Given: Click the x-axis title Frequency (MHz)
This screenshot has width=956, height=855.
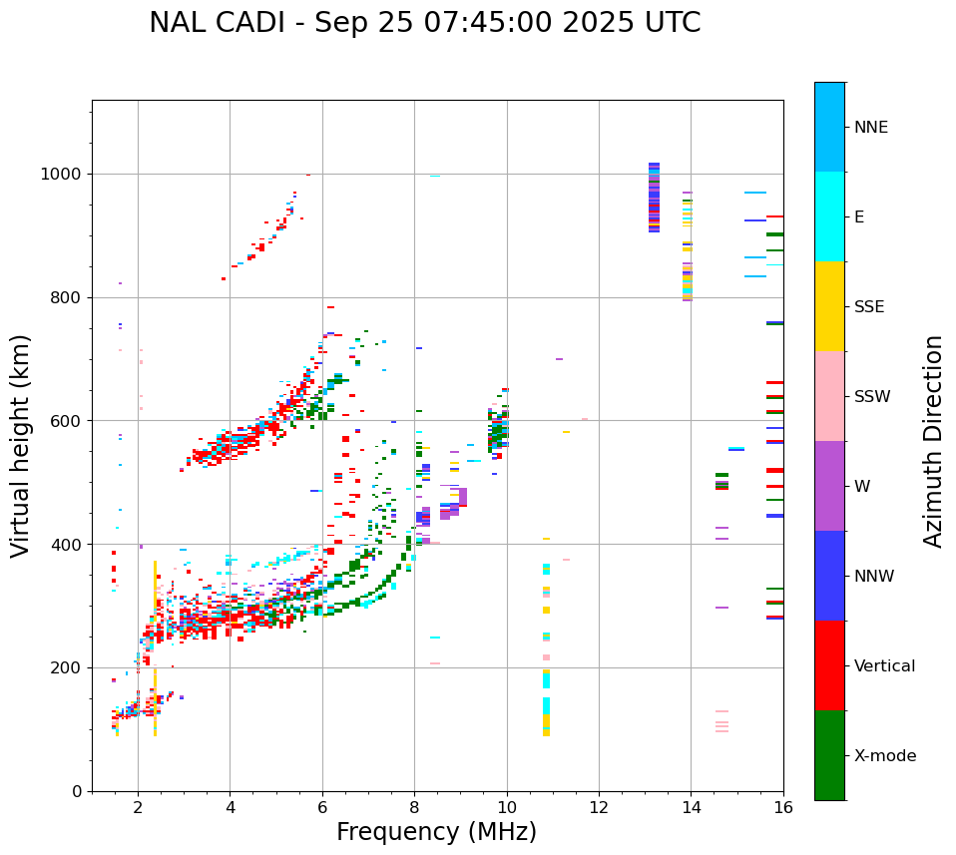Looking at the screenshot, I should (x=436, y=832).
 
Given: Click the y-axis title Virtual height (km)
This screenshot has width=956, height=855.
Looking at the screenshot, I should (x=21, y=446).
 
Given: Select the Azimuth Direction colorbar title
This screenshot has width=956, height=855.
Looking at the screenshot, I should (x=933, y=441).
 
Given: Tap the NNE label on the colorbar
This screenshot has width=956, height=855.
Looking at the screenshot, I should (x=870, y=128).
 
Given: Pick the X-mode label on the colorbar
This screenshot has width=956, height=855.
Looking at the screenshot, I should (x=884, y=756).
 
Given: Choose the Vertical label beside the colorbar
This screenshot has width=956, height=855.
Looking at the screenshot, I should (x=884, y=666).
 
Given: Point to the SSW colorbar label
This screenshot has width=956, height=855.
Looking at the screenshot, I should (x=872, y=397).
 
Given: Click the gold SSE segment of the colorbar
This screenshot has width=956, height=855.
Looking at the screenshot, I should (x=829, y=306).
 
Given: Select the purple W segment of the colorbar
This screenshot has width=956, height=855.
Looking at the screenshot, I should (x=829, y=486).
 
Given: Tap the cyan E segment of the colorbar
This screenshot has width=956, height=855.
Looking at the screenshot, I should (x=829, y=216).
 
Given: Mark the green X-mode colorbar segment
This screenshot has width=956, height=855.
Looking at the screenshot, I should (x=829, y=755).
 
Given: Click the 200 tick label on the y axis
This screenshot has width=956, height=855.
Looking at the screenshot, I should (x=69, y=668).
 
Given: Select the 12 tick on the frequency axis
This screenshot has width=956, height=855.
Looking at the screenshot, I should (x=599, y=806).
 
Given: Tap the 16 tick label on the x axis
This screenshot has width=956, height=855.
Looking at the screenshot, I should (x=783, y=806).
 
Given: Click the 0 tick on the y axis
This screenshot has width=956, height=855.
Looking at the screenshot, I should (x=78, y=791).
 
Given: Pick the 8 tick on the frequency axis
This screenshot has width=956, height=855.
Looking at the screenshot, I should (x=414, y=806).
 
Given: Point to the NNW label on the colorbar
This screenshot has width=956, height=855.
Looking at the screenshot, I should (x=874, y=577).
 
